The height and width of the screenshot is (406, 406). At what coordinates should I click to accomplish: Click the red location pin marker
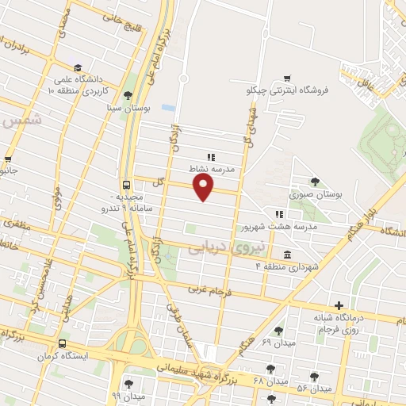click(x=205, y=187)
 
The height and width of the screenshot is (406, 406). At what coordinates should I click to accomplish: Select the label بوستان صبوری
click(x=315, y=193)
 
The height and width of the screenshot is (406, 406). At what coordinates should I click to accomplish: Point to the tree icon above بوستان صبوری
click(x=315, y=182)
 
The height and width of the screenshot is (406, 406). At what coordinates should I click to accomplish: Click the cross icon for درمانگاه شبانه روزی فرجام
click(x=339, y=304)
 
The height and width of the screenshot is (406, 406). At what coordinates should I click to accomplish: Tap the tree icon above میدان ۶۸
click(x=271, y=369)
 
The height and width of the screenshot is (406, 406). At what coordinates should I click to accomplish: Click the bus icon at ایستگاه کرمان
click(x=62, y=343)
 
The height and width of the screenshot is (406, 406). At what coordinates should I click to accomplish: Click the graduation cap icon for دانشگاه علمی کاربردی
click(x=77, y=68)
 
